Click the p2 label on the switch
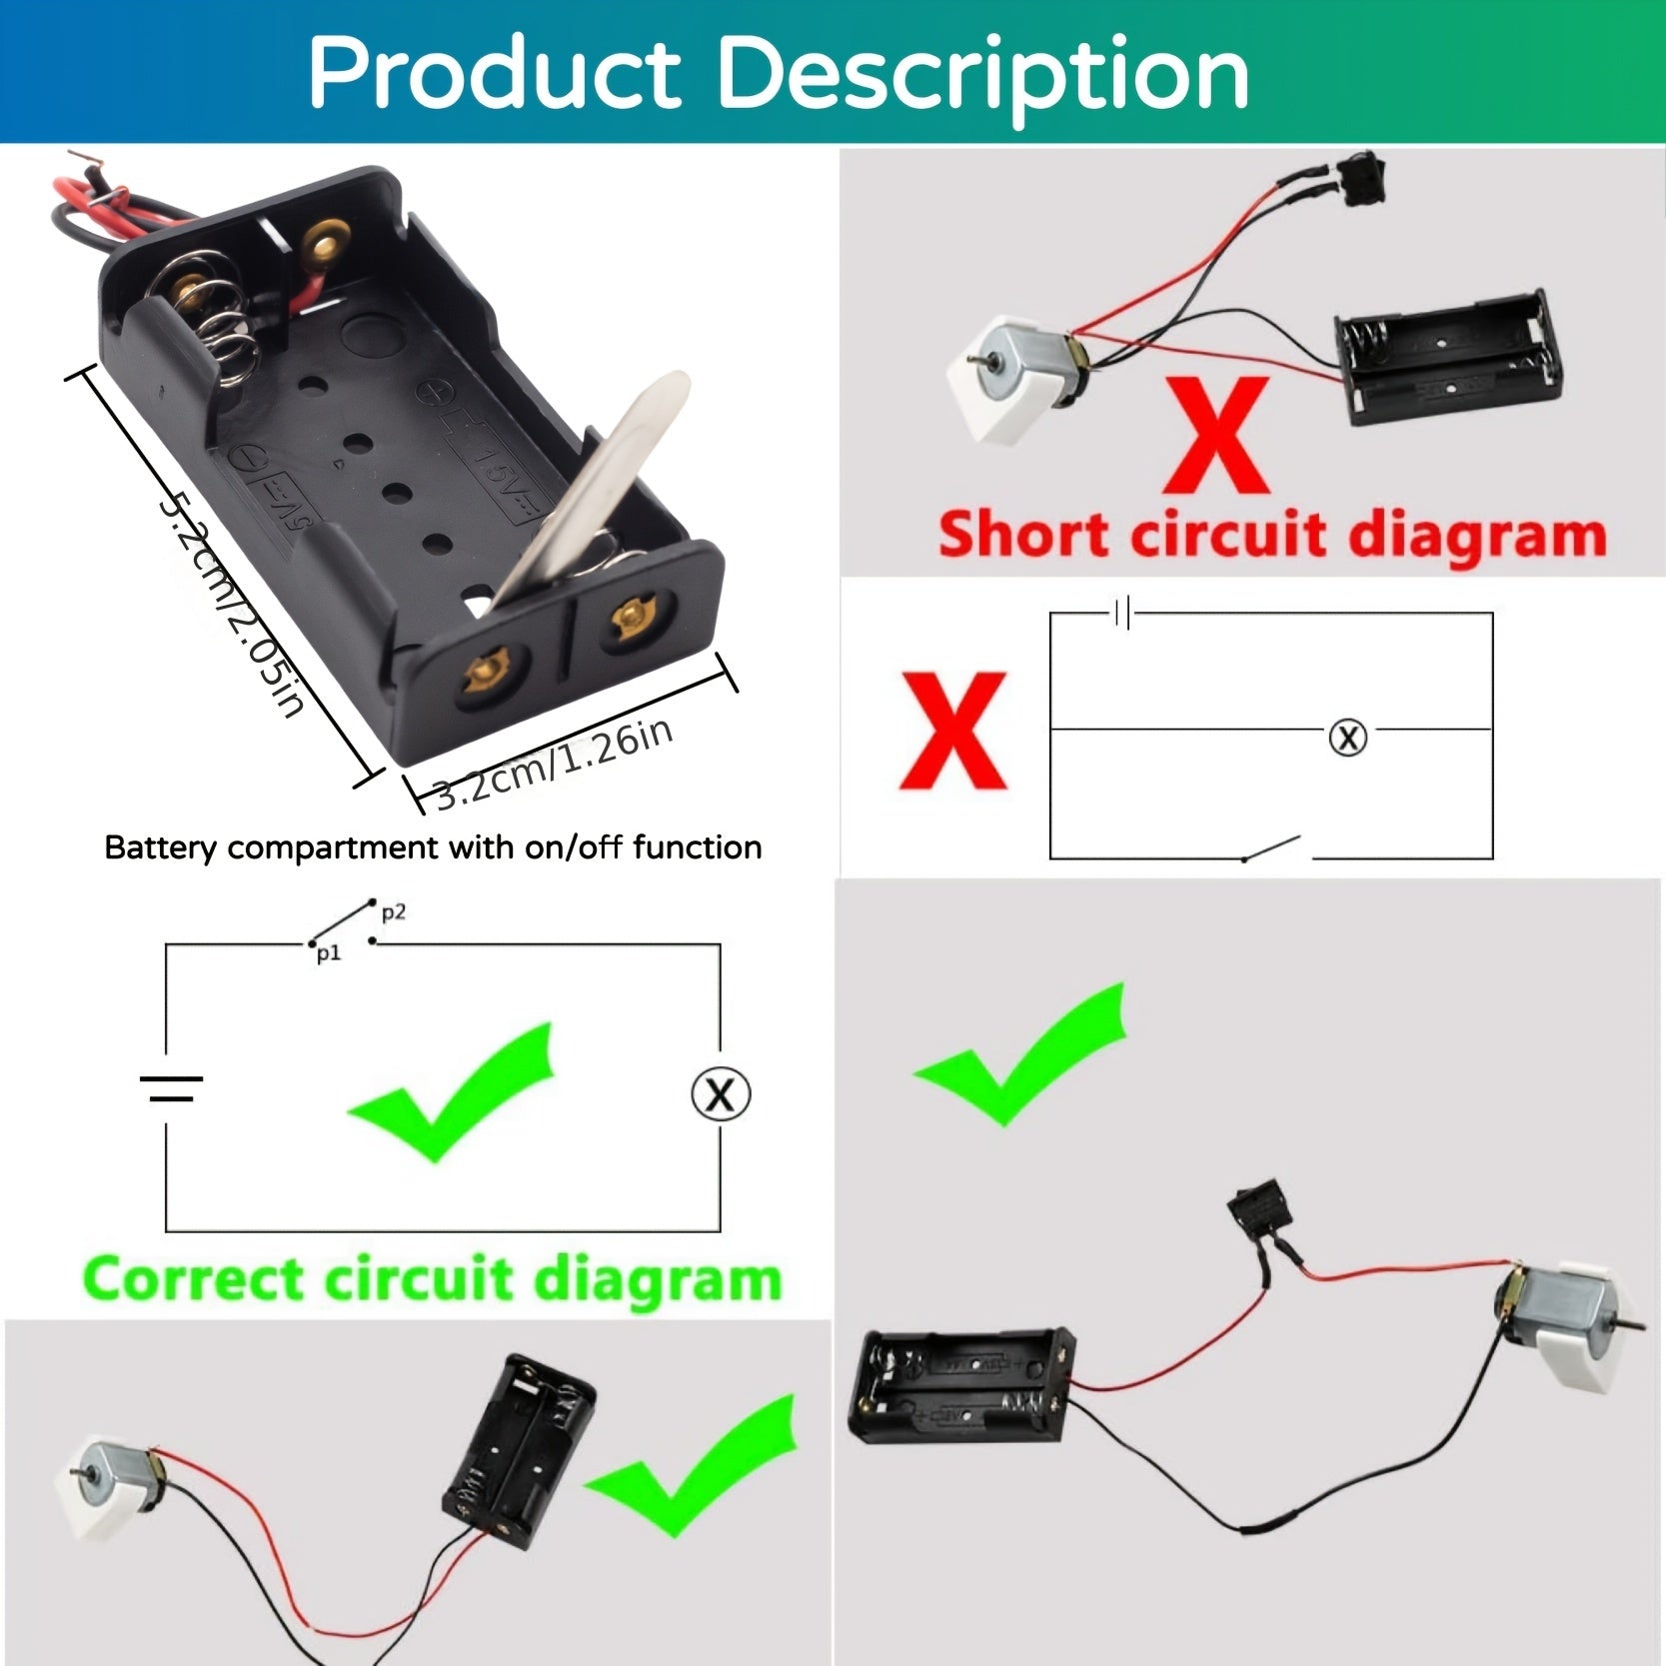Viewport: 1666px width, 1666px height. [393, 912]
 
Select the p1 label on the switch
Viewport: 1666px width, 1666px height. [329, 954]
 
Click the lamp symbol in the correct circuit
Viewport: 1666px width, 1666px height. [721, 1094]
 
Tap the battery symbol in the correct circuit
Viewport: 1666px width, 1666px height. [171, 1089]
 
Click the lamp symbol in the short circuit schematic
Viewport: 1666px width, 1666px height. [1347, 738]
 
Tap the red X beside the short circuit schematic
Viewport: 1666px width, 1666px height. [952, 731]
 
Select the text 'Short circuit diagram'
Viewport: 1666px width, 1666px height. [1271, 535]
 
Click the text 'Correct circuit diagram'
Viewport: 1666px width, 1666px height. [432, 1278]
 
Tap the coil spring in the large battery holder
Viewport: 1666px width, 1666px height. [215, 320]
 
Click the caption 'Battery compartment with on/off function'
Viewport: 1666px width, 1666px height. [433, 847]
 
